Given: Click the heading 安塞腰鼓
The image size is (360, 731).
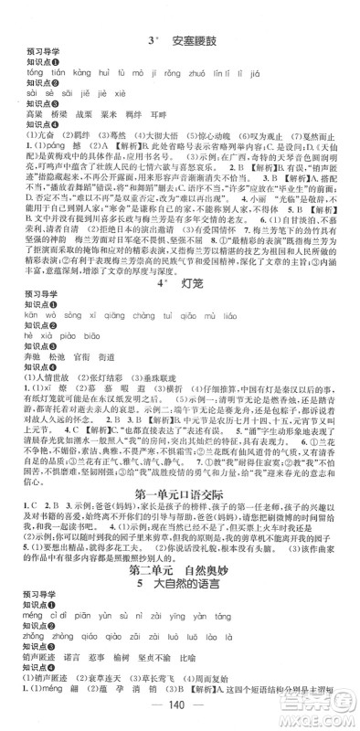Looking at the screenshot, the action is [x=189, y=11].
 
